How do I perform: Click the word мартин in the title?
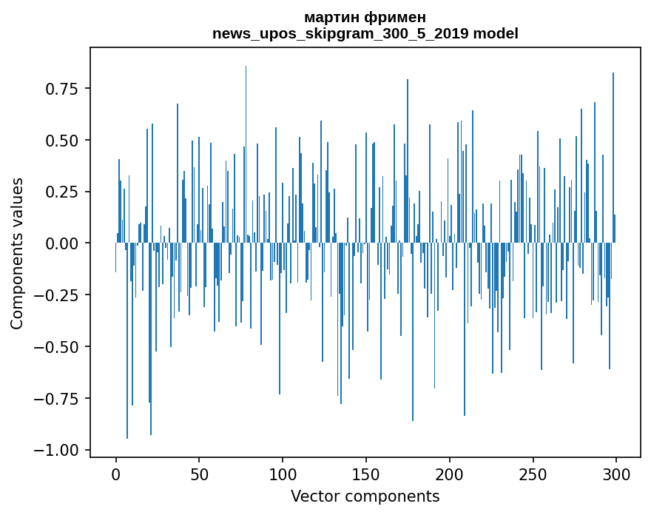(x=332, y=18)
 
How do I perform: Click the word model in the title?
(x=496, y=34)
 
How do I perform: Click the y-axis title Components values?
(x=17, y=253)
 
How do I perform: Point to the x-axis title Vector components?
(x=365, y=497)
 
